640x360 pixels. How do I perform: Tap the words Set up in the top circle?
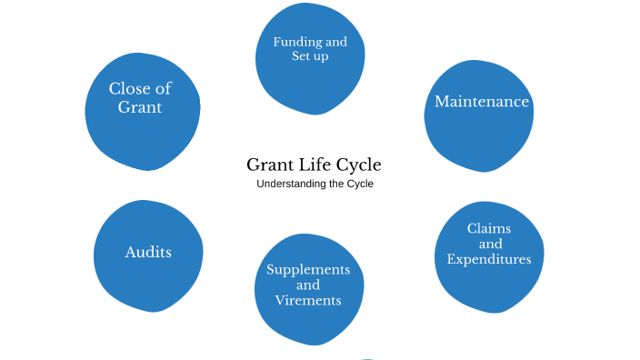[x=310, y=56]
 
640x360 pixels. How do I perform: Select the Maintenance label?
[x=482, y=102]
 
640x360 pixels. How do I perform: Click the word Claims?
[x=489, y=228]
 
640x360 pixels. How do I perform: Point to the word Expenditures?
[x=489, y=260]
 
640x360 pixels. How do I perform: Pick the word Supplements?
[x=308, y=270]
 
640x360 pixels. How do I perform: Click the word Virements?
[x=308, y=301]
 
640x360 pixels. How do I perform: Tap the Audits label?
[x=148, y=252]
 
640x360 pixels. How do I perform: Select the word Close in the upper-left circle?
[x=130, y=89]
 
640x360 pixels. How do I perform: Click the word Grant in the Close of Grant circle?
[x=140, y=107]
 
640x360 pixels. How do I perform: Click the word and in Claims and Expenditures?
[x=490, y=244]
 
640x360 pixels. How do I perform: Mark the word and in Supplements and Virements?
[x=308, y=285]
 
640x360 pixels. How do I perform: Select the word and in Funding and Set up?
[x=335, y=42]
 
